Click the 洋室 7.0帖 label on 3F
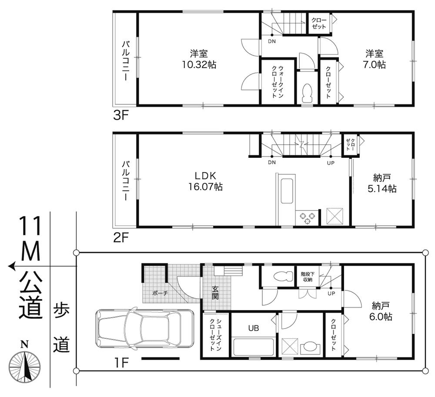(375, 59)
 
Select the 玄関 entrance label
(215, 291)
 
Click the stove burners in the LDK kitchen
(308, 218)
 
